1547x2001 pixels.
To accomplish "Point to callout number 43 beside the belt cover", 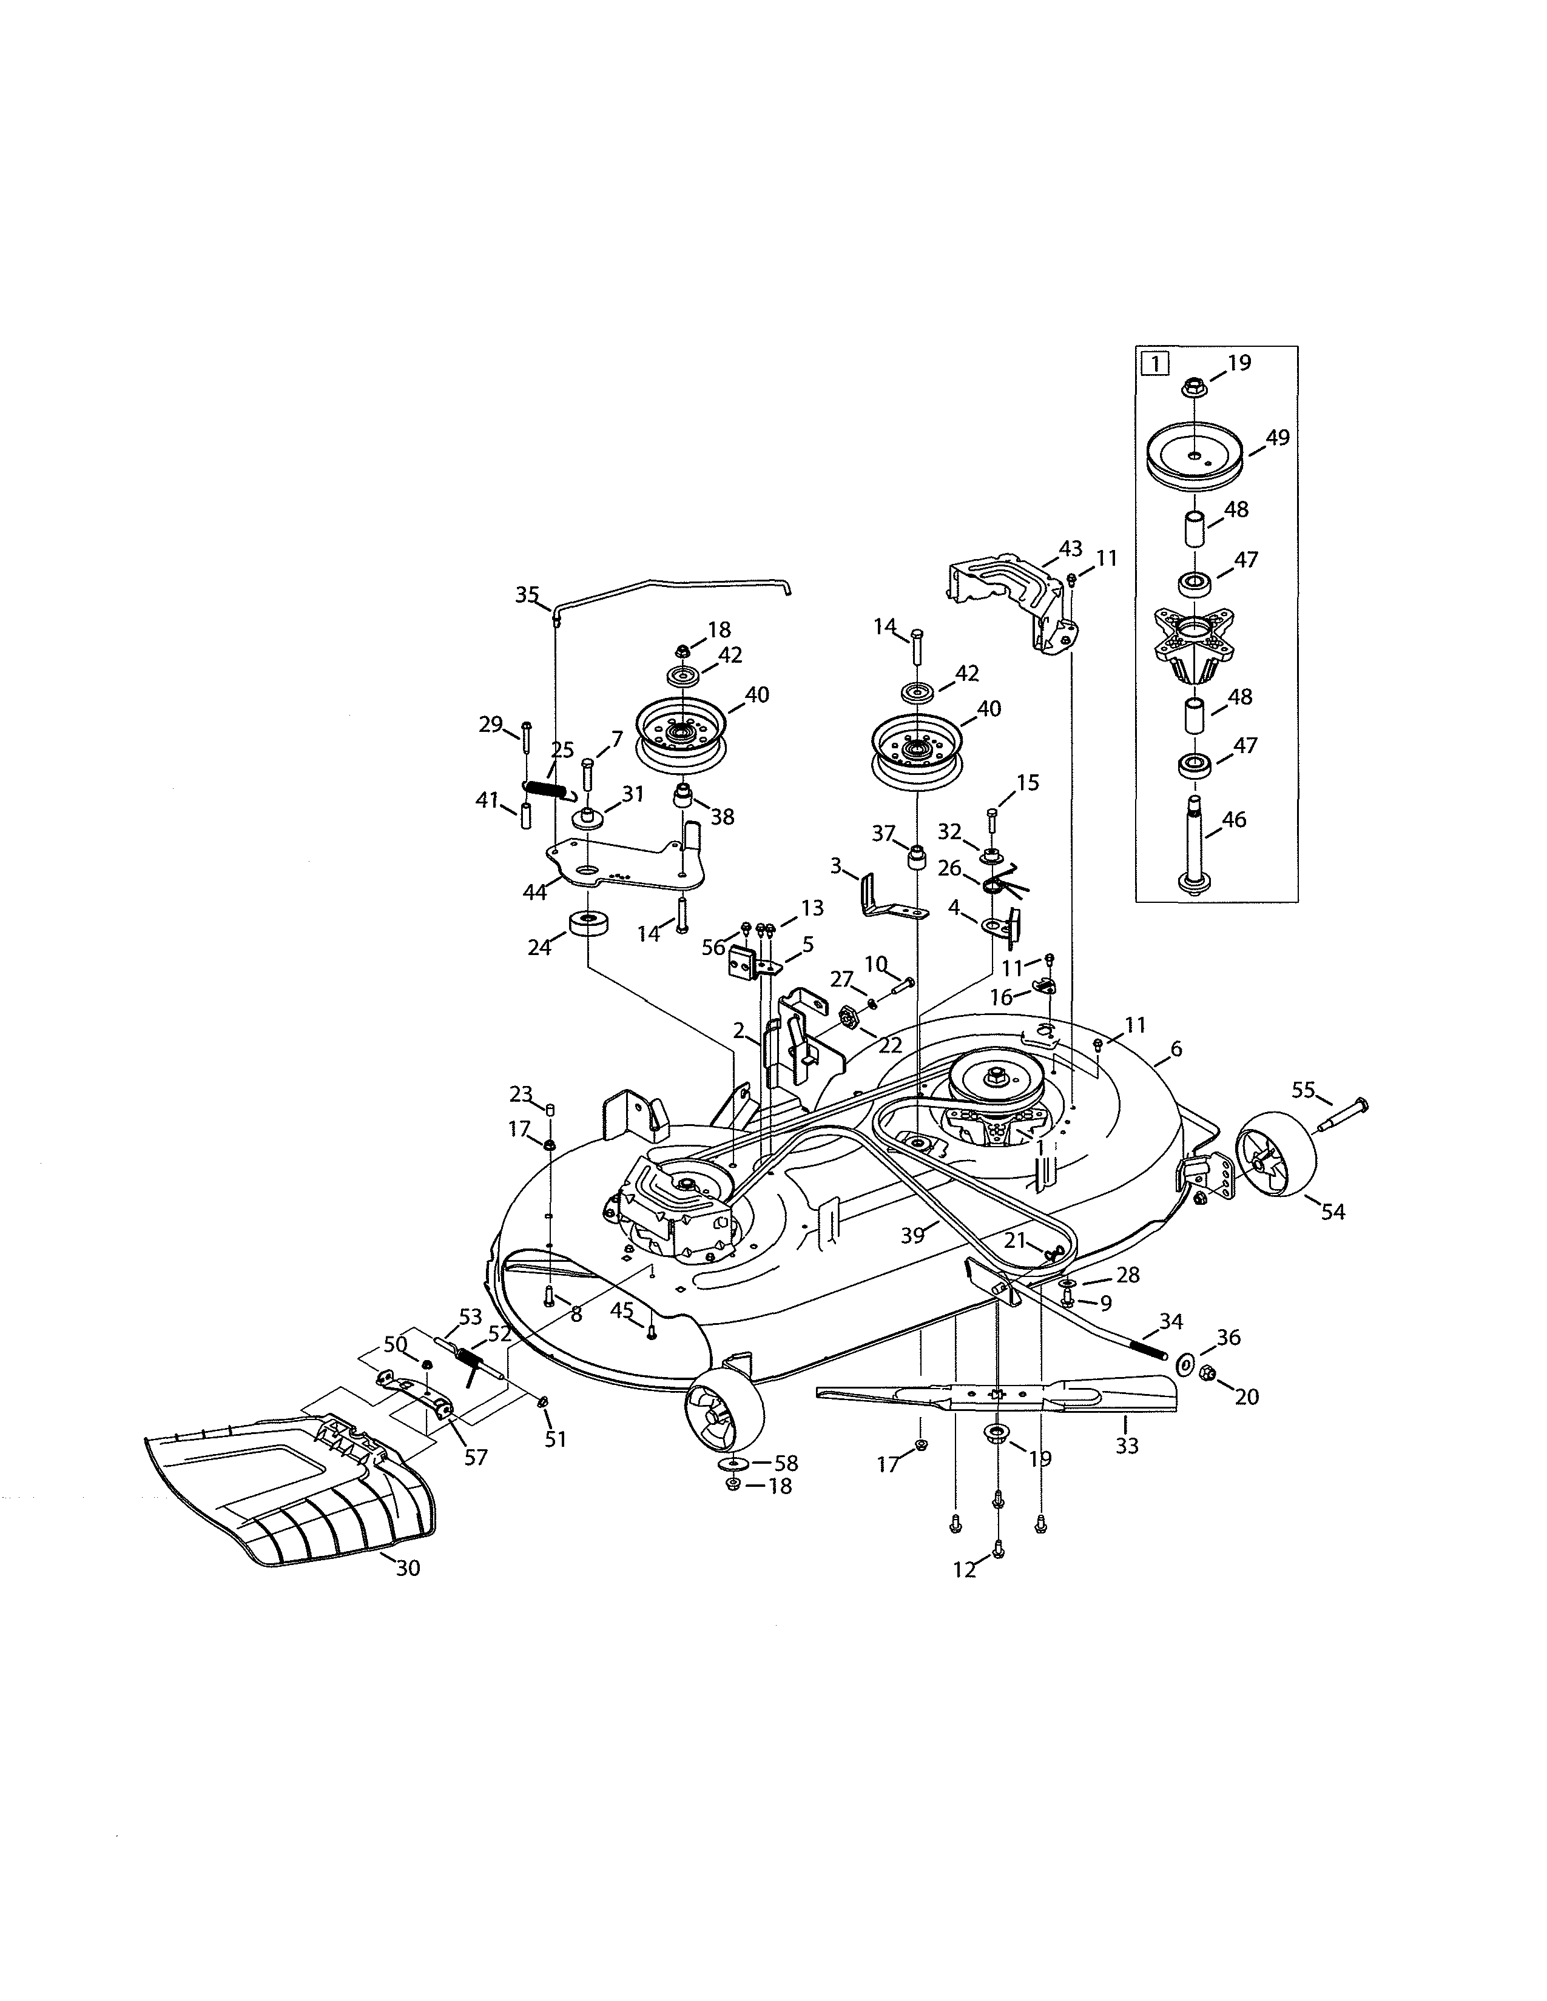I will coord(1070,549).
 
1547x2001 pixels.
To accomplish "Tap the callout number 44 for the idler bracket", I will coord(535,891).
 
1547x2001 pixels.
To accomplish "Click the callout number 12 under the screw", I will coord(963,1569).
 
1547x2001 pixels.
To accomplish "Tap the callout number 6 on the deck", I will coord(1176,1049).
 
